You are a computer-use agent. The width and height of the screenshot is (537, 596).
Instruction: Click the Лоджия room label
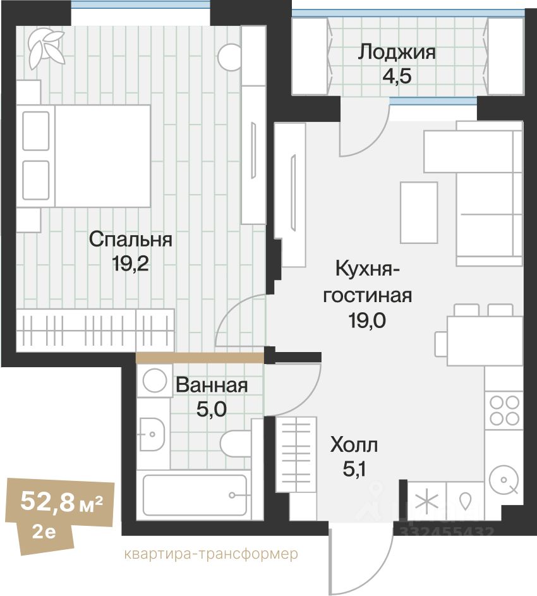pyautogui.click(x=397, y=52)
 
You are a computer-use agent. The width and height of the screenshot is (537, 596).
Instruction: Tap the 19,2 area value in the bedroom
pyautogui.click(x=130, y=263)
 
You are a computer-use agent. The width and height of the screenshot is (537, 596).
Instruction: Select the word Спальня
pyautogui.click(x=130, y=240)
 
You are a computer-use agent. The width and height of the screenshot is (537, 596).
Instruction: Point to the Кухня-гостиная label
pyautogui.click(x=368, y=282)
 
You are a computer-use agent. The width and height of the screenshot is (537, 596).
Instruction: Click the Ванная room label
pyautogui.click(x=212, y=385)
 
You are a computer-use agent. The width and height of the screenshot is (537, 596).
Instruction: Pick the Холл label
pyautogui.click(x=354, y=445)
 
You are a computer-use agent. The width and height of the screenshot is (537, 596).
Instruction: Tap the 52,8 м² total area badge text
pyautogui.click(x=61, y=501)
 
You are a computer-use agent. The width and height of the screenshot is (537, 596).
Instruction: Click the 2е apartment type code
pyautogui.click(x=44, y=532)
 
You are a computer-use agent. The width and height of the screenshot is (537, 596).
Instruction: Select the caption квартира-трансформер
pyautogui.click(x=211, y=554)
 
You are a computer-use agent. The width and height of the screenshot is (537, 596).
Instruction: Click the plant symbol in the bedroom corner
pyautogui.click(x=46, y=47)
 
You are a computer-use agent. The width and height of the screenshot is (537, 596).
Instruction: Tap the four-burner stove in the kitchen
pyautogui.click(x=504, y=411)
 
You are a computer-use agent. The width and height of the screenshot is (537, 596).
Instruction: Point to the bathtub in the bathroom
pyautogui.click(x=195, y=496)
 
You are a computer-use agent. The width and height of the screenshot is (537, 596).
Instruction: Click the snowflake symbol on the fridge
pyautogui.click(x=426, y=501)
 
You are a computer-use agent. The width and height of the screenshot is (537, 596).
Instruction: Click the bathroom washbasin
pyautogui.click(x=152, y=434)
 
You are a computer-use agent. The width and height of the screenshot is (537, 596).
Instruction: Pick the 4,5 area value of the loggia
pyautogui.click(x=397, y=76)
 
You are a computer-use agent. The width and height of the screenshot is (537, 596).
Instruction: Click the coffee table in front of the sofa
pyautogui.click(x=419, y=212)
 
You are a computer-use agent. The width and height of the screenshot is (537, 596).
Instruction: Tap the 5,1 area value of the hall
pyautogui.click(x=354, y=469)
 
